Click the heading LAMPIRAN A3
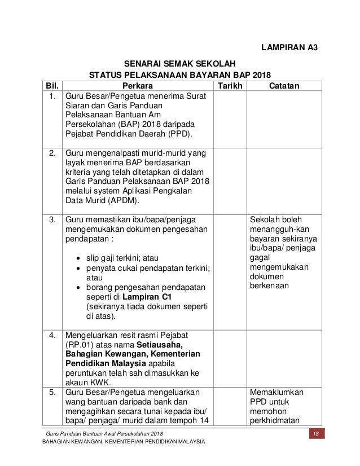tap(289, 47)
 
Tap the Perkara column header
tap(138, 86)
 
